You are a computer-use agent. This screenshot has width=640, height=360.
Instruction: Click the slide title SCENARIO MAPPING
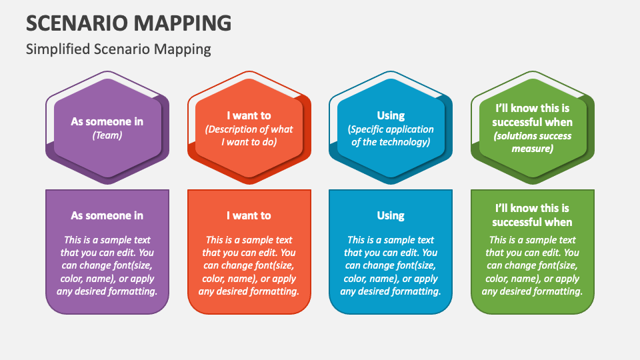pyautogui.click(x=129, y=23)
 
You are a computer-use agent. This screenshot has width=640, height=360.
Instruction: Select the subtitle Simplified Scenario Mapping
pyautogui.click(x=119, y=49)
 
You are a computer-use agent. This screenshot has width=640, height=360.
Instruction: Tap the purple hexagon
pyautogui.click(x=107, y=128)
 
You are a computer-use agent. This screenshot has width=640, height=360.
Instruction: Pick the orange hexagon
pyautogui.click(x=249, y=128)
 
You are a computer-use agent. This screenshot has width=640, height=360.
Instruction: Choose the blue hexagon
pyautogui.click(x=391, y=128)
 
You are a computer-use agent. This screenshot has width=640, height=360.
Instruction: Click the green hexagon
pyautogui.click(x=532, y=128)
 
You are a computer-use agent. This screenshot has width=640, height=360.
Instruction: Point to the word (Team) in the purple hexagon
pyautogui.click(x=107, y=135)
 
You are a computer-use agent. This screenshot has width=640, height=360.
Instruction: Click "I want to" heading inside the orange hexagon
pyautogui.click(x=249, y=115)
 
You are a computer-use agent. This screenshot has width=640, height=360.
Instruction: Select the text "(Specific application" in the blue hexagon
pyautogui.click(x=391, y=129)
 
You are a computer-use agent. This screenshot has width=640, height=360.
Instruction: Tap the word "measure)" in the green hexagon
pyautogui.click(x=532, y=149)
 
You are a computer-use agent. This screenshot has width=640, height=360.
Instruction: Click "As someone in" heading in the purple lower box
pyautogui.click(x=107, y=215)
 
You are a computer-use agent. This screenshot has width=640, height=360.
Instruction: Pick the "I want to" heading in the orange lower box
pyautogui.click(x=249, y=215)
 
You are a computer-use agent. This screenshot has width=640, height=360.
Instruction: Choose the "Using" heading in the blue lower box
pyautogui.click(x=391, y=215)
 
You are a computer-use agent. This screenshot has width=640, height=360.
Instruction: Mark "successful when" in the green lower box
pyautogui.click(x=532, y=222)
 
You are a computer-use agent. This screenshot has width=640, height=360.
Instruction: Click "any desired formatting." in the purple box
pyautogui.click(x=107, y=291)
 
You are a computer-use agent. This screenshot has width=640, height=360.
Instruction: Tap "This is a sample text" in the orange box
pyautogui.click(x=249, y=240)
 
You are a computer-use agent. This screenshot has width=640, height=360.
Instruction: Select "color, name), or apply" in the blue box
pyautogui.click(x=391, y=279)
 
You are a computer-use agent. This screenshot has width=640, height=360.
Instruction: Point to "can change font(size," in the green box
pyautogui.click(x=532, y=266)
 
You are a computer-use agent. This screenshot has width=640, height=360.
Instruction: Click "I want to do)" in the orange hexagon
pyautogui.click(x=249, y=142)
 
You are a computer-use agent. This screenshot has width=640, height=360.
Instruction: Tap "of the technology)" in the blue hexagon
pyautogui.click(x=391, y=142)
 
